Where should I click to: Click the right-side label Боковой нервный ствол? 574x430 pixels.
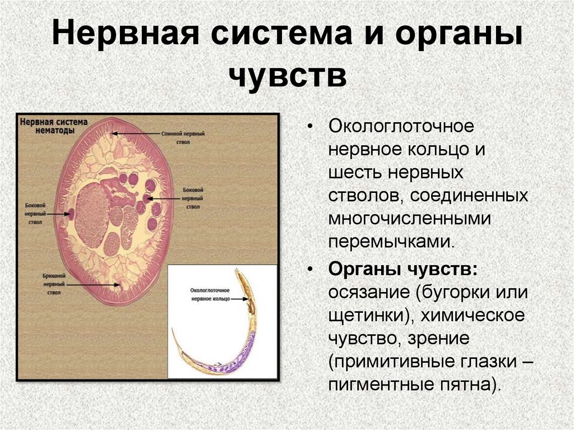click(x=193, y=198)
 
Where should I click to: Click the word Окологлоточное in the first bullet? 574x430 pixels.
click(x=401, y=126)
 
